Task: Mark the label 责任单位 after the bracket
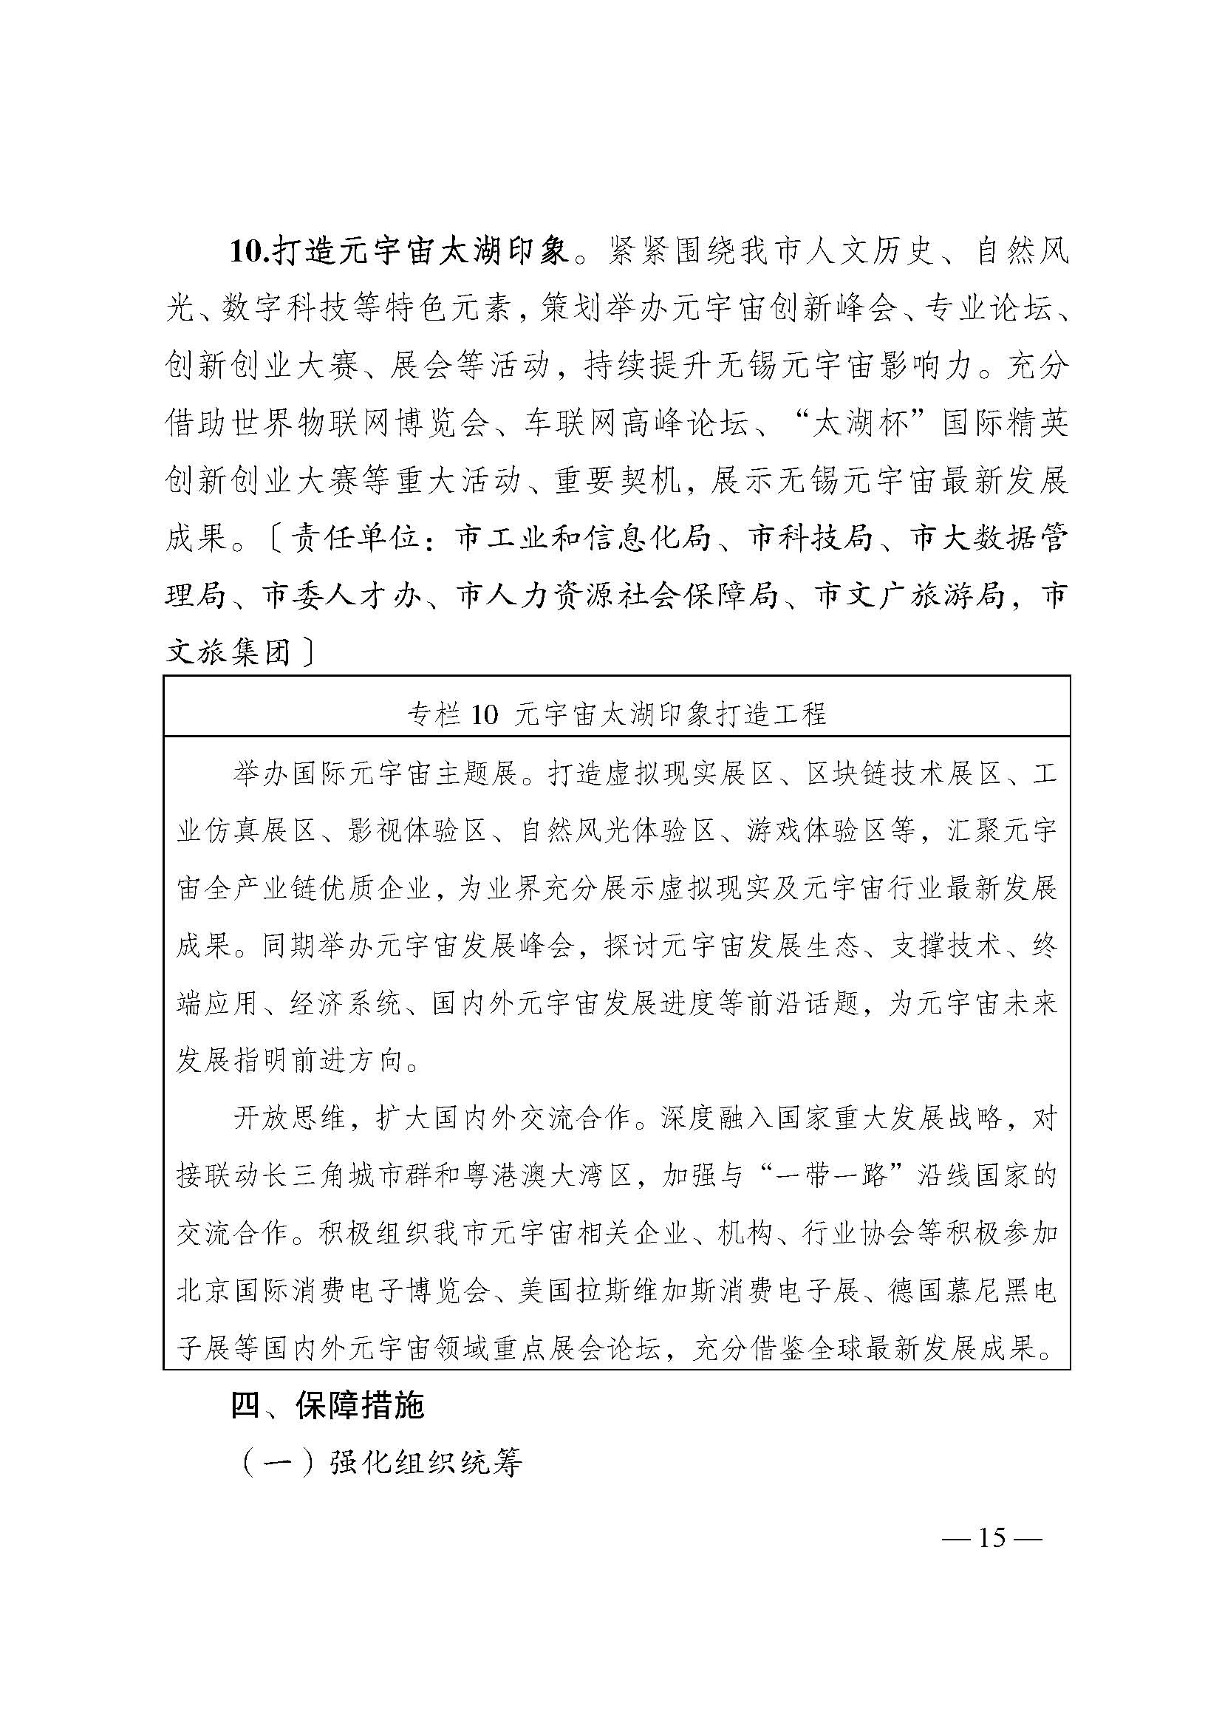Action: (355, 537)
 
